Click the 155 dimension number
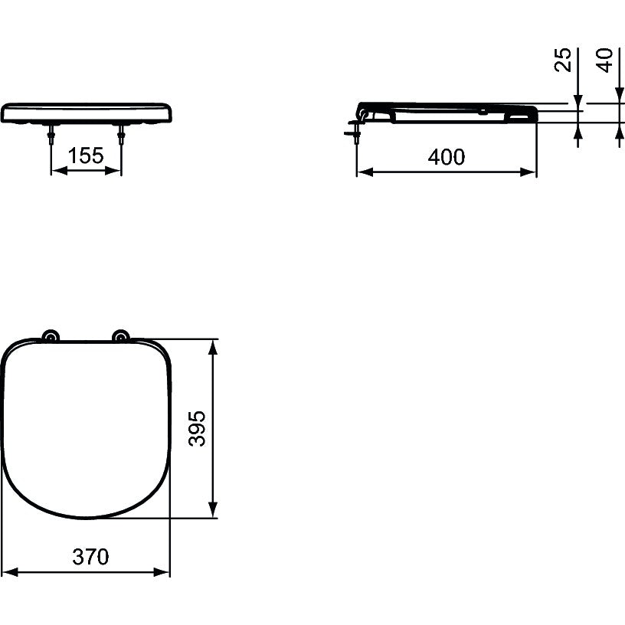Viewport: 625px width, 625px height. click(86, 155)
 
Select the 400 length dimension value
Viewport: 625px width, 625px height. click(447, 157)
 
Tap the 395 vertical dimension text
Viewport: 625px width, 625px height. click(197, 428)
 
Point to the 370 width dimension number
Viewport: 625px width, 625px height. click(90, 556)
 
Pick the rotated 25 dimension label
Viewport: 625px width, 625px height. click(563, 60)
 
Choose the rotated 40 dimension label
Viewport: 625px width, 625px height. click(604, 61)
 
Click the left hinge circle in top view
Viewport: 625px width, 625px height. click(51, 337)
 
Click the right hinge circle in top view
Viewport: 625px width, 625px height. click(120, 337)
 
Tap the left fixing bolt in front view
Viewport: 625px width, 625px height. click(51, 135)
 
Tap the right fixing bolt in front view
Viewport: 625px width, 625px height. click(121, 135)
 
